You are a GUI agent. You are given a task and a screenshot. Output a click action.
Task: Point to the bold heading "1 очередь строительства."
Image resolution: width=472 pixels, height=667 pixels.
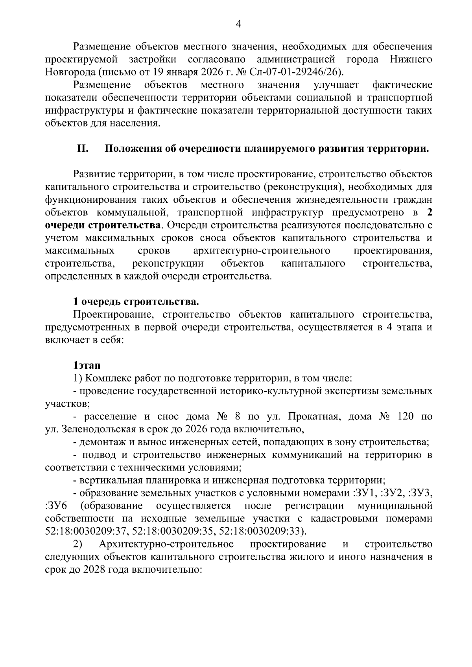136,302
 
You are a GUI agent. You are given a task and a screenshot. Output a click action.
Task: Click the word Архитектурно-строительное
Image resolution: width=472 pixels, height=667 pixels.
166,544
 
